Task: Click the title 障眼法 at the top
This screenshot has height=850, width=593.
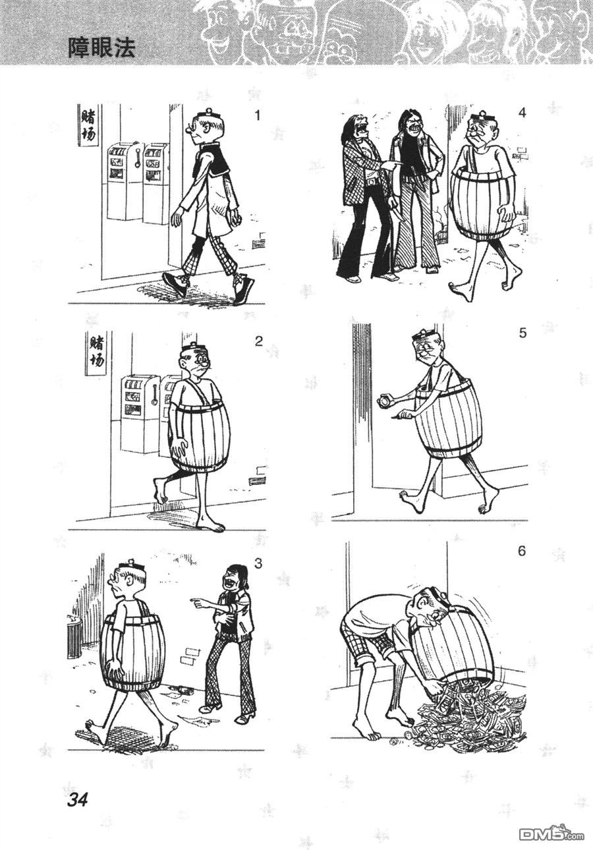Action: click(101, 49)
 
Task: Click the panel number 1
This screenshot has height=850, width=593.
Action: click(258, 115)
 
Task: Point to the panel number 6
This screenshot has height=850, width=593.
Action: click(522, 552)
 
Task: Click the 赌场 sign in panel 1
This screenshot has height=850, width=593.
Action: click(87, 126)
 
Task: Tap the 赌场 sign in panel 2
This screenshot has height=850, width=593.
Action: click(96, 354)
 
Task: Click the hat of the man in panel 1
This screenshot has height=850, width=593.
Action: click(208, 114)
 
